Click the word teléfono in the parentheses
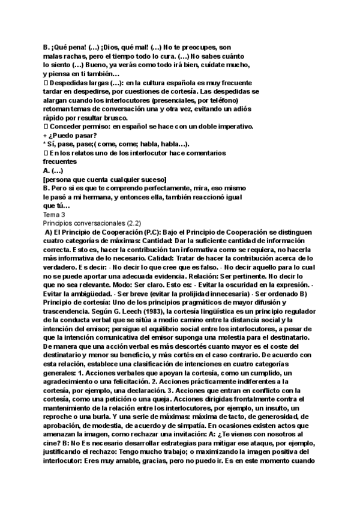[237, 101]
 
